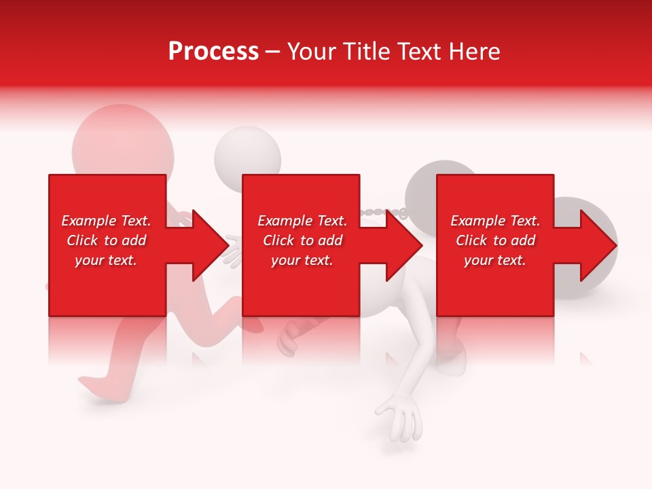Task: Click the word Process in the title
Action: (213, 52)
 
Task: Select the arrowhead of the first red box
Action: (204, 245)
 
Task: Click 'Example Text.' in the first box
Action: (106, 221)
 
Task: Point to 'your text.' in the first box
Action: (106, 260)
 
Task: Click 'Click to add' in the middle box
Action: (302, 240)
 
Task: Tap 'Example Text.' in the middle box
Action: (302, 221)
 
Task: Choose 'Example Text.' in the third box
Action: (495, 221)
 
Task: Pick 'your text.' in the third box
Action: (495, 260)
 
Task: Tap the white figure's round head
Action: (248, 153)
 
